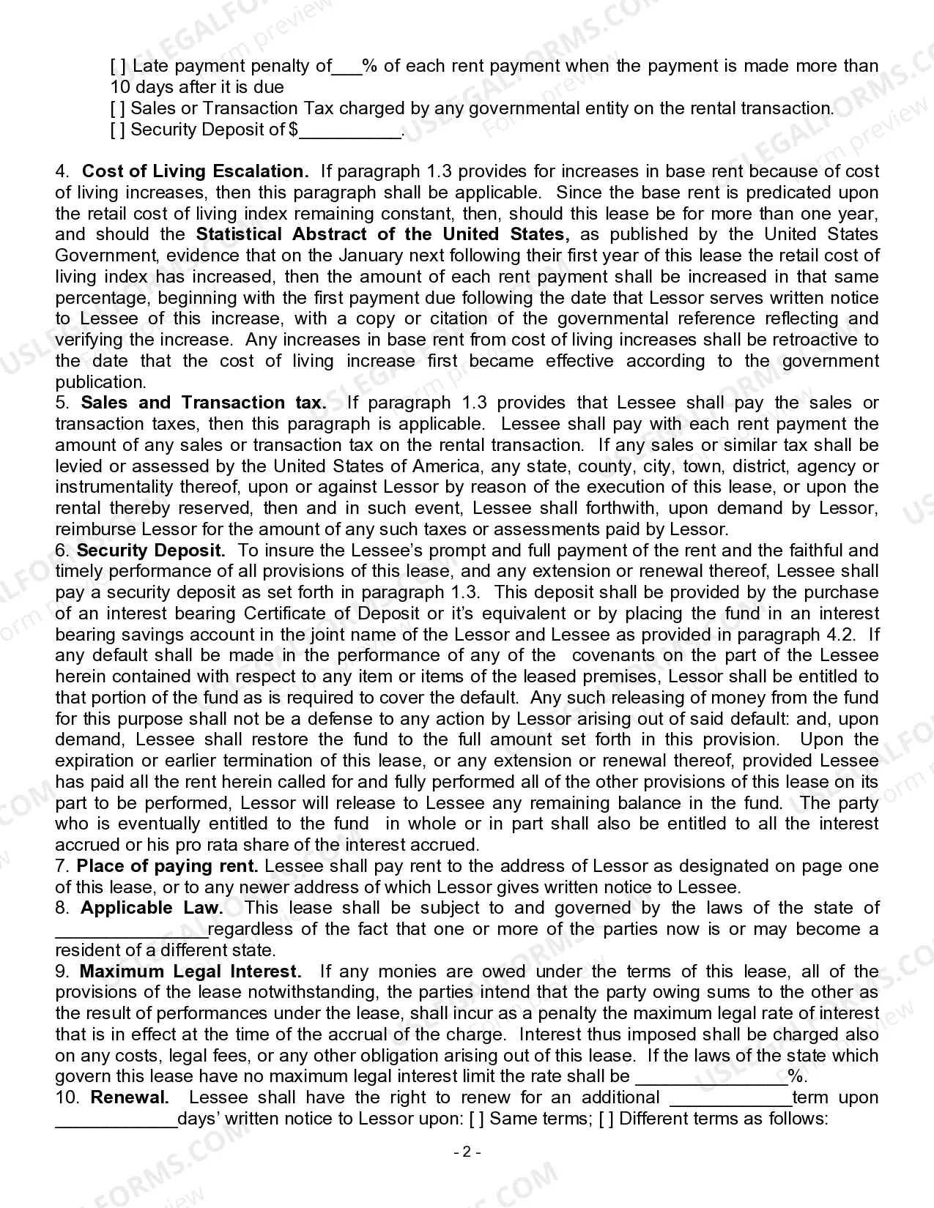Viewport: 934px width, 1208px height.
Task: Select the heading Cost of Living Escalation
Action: (195, 171)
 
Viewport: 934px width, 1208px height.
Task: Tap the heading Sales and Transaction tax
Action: (204, 403)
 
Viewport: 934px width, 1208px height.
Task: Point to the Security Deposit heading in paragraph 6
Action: (151, 551)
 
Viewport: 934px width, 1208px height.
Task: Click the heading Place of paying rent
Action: (167, 866)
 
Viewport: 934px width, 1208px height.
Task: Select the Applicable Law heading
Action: (152, 908)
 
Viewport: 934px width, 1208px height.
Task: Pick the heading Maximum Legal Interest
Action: (190, 972)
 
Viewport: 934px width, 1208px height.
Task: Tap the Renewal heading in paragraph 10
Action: (130, 1097)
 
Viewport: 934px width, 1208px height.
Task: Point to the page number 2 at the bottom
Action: (467, 1152)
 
